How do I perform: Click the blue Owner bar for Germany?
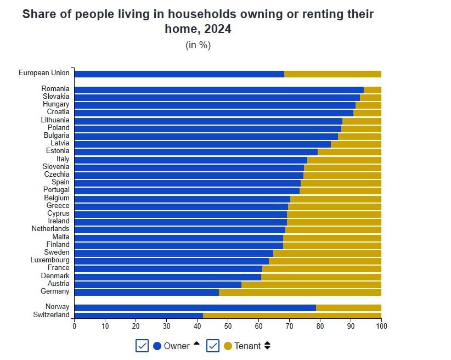146,292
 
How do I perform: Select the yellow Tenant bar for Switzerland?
292,316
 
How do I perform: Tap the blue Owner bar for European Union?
179,74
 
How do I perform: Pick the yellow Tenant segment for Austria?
311,284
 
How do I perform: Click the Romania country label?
55,89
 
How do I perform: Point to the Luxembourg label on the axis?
50,260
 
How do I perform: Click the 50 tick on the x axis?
228,325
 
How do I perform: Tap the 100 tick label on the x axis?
381,325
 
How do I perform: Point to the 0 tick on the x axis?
75,325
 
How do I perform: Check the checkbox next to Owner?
142,346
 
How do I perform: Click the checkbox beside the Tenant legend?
213,346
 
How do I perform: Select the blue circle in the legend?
157,346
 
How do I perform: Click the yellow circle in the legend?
228,346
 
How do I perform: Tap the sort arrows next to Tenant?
267,346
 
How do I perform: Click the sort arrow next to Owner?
196,344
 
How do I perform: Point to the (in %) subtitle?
198,45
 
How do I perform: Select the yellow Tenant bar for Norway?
348,308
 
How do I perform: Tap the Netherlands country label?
50,229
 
